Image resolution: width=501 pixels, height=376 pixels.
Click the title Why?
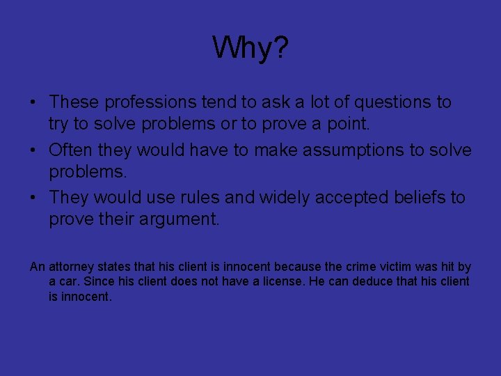pos(250,49)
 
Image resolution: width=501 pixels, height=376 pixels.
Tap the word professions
pos(150,102)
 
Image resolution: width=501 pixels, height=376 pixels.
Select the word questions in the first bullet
pos(395,102)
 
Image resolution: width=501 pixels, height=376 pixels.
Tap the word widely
pos(285,198)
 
